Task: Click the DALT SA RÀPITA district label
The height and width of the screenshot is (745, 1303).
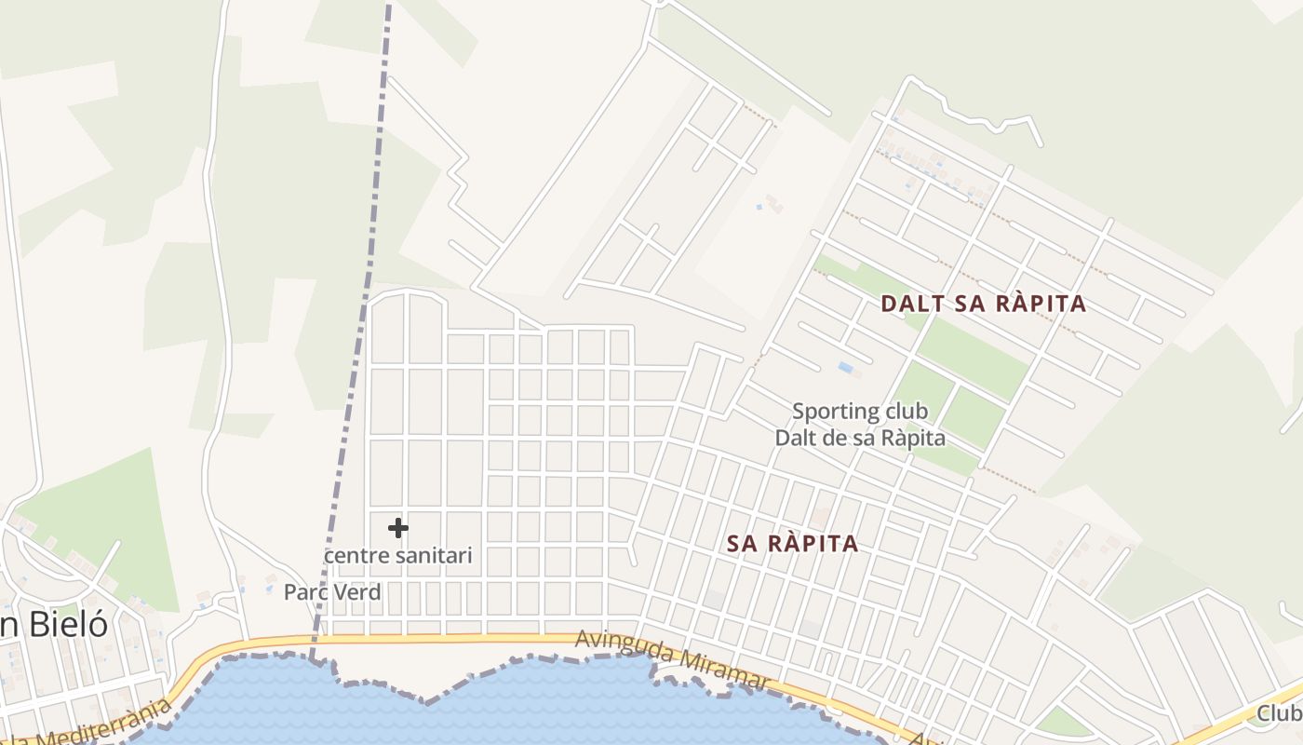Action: click(983, 304)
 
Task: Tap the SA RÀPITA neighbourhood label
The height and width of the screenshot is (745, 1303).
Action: click(792, 544)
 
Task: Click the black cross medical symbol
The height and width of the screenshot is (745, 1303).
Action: click(398, 528)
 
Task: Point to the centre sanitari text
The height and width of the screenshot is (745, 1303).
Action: click(398, 556)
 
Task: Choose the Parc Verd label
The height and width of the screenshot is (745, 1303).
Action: click(332, 592)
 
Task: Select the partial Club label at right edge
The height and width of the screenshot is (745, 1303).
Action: click(1281, 713)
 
